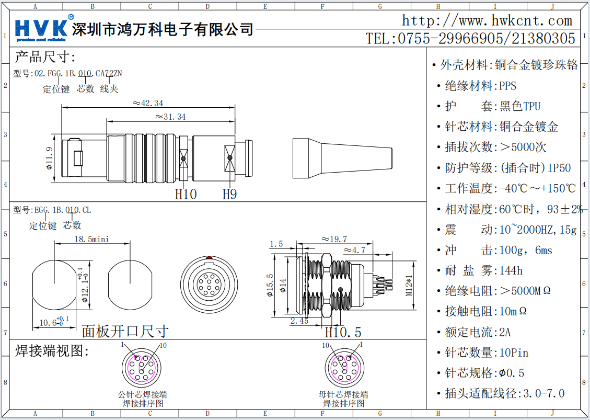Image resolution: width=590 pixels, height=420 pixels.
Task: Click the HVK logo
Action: pyautogui.click(x=42, y=29)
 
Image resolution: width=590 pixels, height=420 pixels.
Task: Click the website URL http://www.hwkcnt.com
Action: pyautogui.click(x=487, y=21)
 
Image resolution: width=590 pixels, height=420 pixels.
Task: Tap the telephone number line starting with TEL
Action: pyautogui.click(x=470, y=38)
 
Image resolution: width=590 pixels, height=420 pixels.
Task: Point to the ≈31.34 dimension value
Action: pyautogui.click(x=170, y=117)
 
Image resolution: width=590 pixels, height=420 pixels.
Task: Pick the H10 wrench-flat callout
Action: pyautogui.click(x=186, y=195)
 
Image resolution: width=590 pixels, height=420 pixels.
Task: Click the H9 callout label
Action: pyautogui.click(x=230, y=195)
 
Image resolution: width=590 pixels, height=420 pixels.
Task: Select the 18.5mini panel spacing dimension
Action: pyautogui.click(x=91, y=239)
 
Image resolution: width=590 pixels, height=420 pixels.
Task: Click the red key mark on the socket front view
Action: pyautogui.click(x=209, y=258)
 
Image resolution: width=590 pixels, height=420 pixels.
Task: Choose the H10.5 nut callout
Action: pyautogui.click(x=343, y=332)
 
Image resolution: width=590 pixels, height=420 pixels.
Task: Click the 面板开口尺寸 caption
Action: pyautogui.click(x=125, y=331)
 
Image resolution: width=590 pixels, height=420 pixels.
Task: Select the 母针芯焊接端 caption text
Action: pyautogui.click(x=343, y=394)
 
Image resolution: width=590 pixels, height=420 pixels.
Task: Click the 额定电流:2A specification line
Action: pyautogui.click(x=478, y=332)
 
